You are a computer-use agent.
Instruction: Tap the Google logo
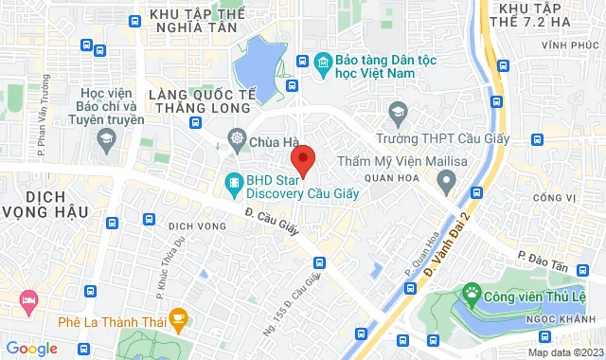tap(31, 349)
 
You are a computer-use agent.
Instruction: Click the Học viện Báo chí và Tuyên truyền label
tap(112, 107)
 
